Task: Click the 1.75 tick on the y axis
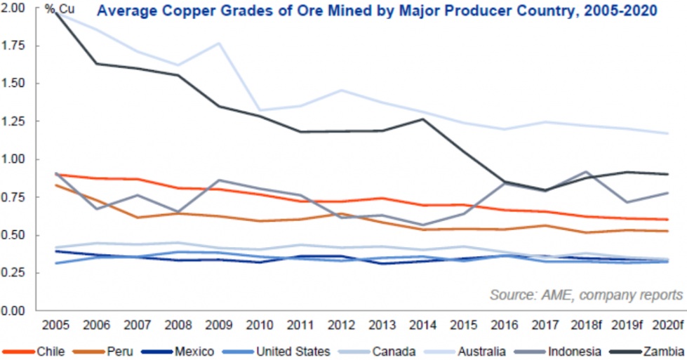(15, 46)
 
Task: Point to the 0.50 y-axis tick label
(15, 236)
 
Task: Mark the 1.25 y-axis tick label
(15, 121)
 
